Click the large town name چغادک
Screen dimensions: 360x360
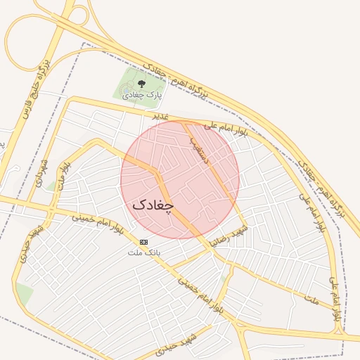153,205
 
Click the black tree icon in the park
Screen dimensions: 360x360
141,84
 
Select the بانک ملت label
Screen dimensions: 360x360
144,251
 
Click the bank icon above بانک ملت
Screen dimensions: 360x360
144,241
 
